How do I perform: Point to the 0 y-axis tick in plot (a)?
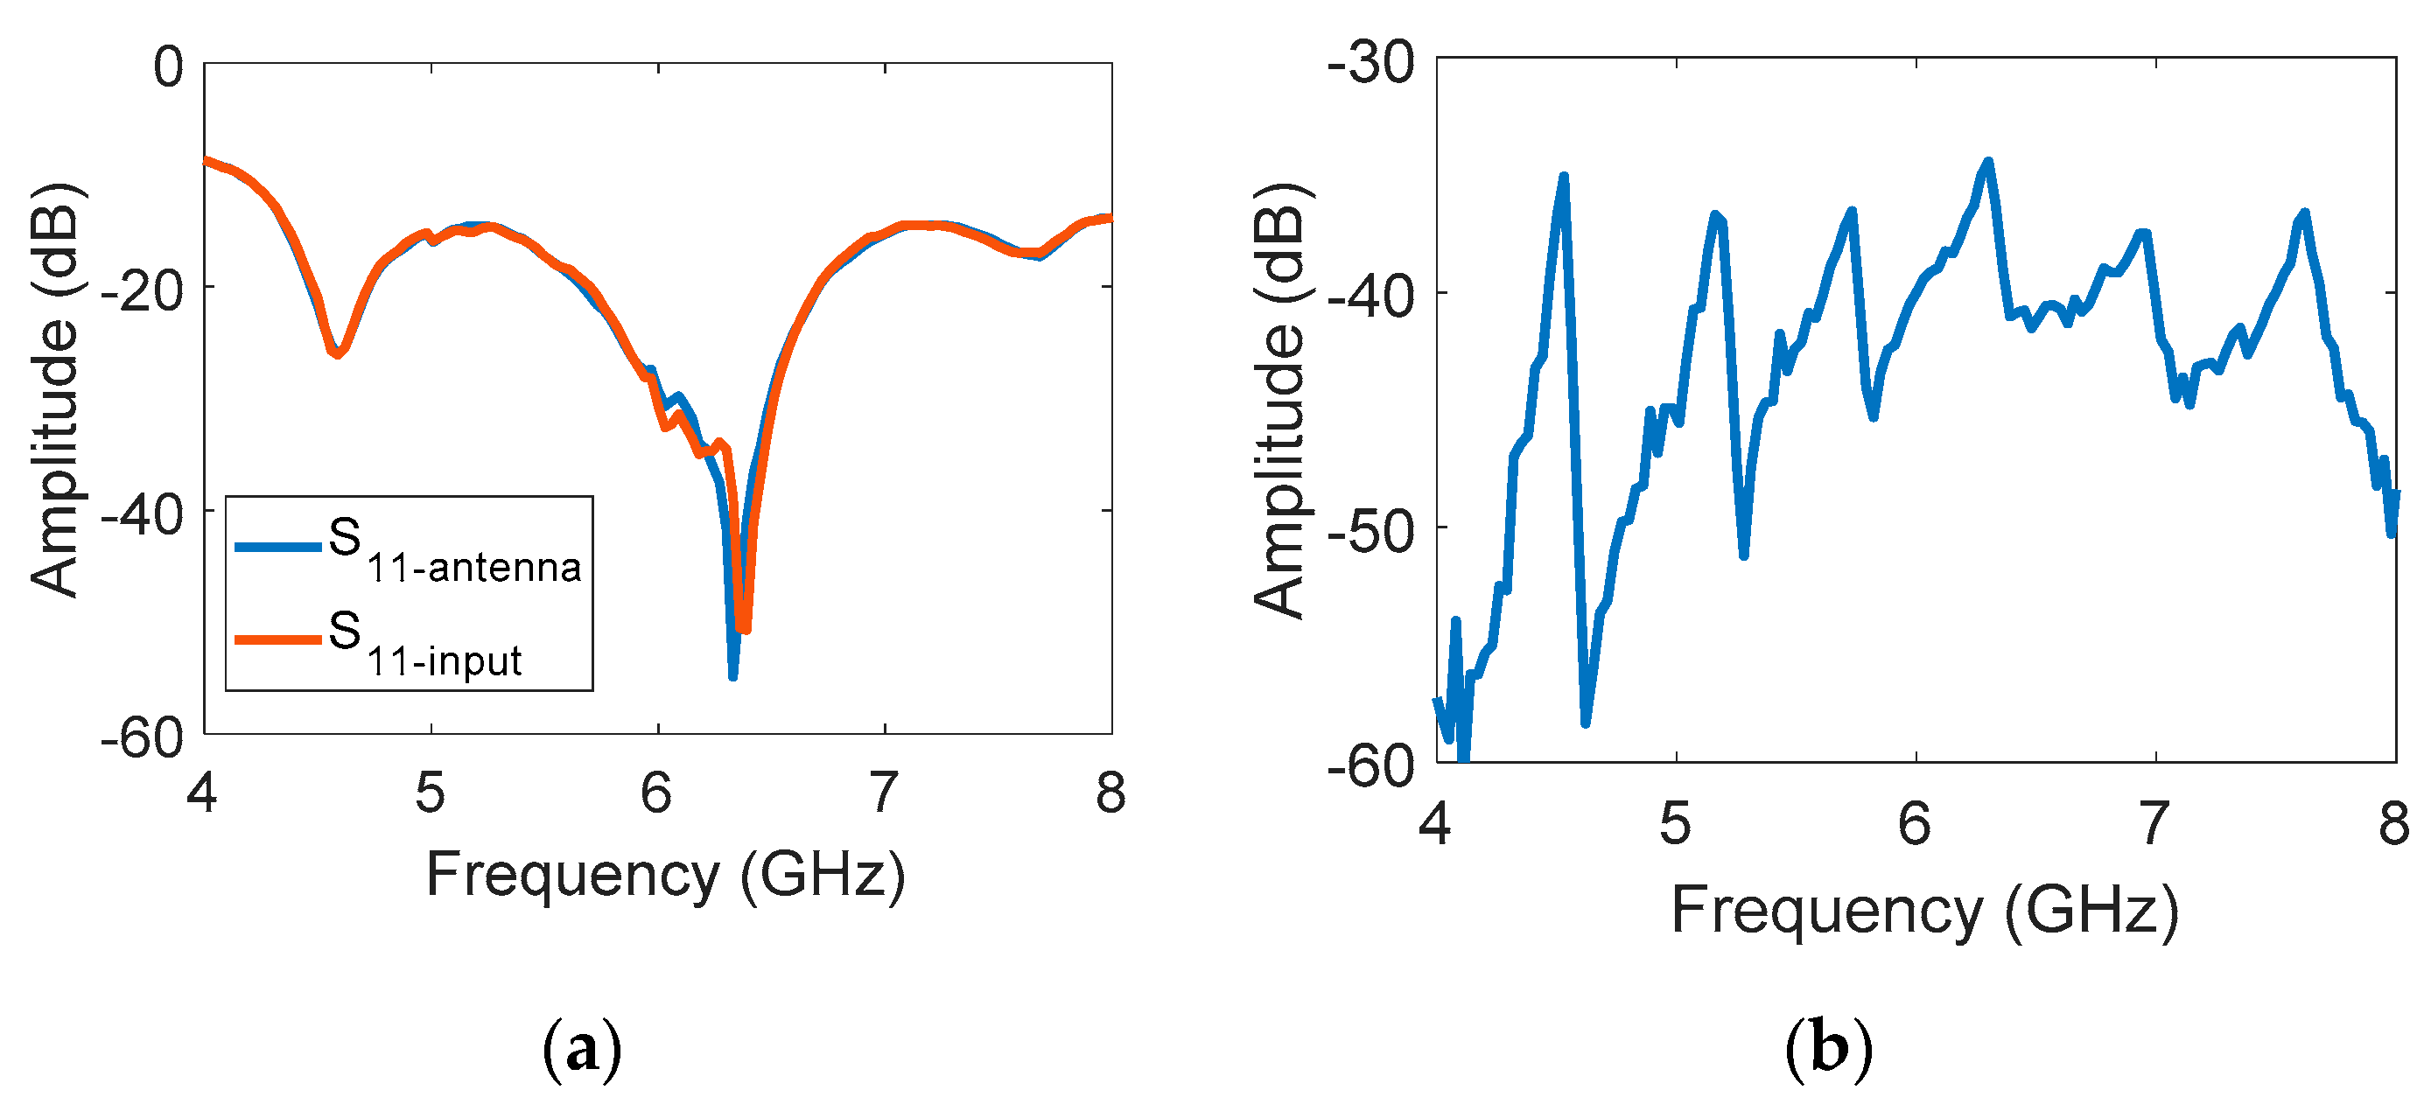(x=169, y=68)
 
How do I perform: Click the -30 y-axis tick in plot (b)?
(x=1370, y=64)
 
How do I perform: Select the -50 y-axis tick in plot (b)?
(x=1370, y=532)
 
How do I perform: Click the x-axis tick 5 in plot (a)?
(x=431, y=793)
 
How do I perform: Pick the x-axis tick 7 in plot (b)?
(x=2154, y=823)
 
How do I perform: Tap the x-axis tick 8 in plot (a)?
(x=1110, y=793)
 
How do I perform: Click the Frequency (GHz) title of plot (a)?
(x=665, y=875)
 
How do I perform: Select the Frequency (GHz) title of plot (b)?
(x=1925, y=911)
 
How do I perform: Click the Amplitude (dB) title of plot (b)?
(x=1279, y=401)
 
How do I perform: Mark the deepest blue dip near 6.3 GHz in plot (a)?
(x=733, y=675)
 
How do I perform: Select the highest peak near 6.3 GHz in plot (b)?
(x=1988, y=163)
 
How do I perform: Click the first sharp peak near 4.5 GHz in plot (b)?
(x=1564, y=178)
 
